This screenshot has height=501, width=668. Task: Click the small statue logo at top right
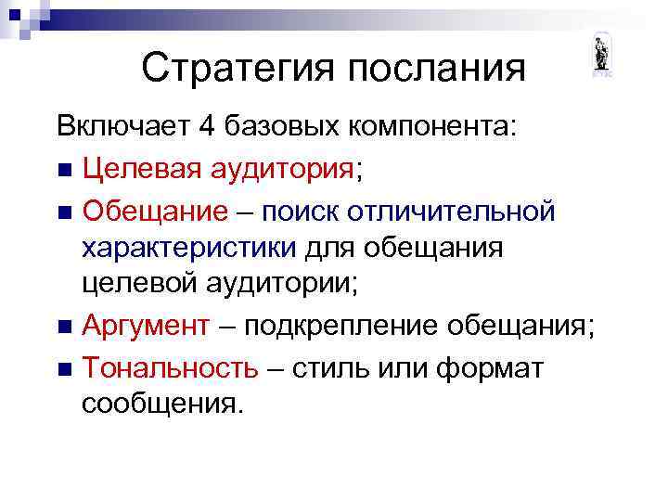coord(601,56)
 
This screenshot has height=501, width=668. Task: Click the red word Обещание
coord(154,211)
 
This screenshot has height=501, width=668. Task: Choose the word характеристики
coord(189,248)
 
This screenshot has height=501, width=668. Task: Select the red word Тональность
coord(170,367)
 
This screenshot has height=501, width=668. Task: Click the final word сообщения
coord(163,405)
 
